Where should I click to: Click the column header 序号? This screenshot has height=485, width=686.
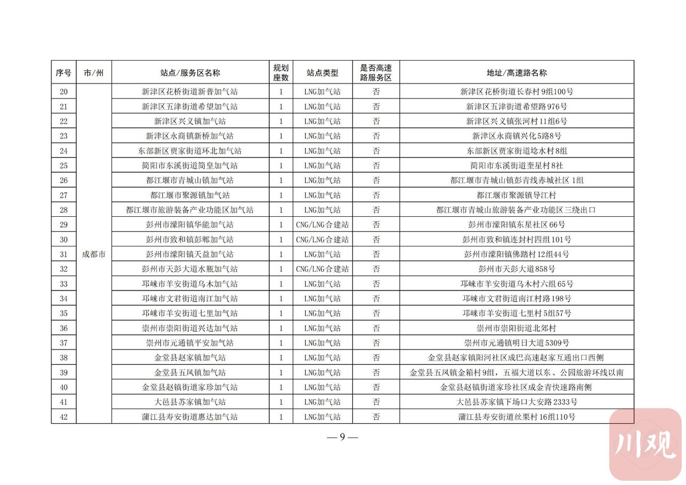pyautogui.click(x=63, y=73)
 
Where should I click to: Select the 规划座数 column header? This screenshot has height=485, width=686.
pyautogui.click(x=281, y=73)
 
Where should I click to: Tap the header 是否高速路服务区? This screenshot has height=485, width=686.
pyautogui.click(x=376, y=73)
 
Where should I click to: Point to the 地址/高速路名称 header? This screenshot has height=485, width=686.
pyautogui.click(x=516, y=73)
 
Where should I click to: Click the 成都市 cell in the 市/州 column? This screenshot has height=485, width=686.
pyautogui.click(x=94, y=255)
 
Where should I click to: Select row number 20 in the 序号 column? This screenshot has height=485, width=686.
pyautogui.click(x=63, y=92)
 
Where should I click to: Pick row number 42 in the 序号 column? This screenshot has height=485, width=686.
pyautogui.click(x=63, y=417)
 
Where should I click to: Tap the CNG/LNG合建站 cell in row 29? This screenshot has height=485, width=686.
pyautogui.click(x=322, y=225)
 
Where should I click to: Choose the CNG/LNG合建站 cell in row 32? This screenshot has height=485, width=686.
pyautogui.click(x=322, y=269)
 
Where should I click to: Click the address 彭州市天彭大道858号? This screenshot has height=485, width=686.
pyautogui.click(x=516, y=269)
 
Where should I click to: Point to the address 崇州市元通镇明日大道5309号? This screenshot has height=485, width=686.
pyautogui.click(x=516, y=343)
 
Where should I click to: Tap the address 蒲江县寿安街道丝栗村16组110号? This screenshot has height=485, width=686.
pyautogui.click(x=516, y=417)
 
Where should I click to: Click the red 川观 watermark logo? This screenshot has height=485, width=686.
pyautogui.click(x=645, y=444)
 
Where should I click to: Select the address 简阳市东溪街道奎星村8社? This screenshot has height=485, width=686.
pyautogui.click(x=516, y=165)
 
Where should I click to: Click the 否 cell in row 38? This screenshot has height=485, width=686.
pyautogui.click(x=376, y=357)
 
